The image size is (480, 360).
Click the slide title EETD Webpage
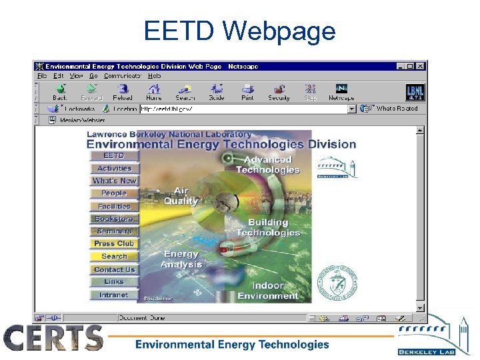pyautogui.click(x=239, y=31)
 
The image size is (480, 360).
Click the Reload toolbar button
pyautogui.click(x=123, y=91)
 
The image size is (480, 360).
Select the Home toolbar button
pyautogui.click(x=154, y=91)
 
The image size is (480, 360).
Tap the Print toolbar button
pyautogui.click(x=247, y=91)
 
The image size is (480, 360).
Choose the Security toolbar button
pyautogui.click(x=279, y=91)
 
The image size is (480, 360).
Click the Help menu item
pyautogui.click(x=154, y=76)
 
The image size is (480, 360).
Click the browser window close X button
pyautogui.click(x=420, y=66)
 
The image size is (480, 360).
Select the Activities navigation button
pyautogui.click(x=115, y=169)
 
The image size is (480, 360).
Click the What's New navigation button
pyautogui.click(x=115, y=181)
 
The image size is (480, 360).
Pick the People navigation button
pyautogui.click(x=115, y=193)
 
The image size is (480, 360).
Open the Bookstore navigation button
pyautogui.click(x=115, y=219)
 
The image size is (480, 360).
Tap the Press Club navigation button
pyautogui.click(x=115, y=244)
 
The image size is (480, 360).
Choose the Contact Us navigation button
pyautogui.click(x=115, y=269)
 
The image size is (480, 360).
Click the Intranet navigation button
pyautogui.click(x=115, y=295)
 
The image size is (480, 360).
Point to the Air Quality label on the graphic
pyautogui.click(x=181, y=196)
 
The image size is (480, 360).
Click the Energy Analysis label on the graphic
pyautogui.click(x=181, y=259)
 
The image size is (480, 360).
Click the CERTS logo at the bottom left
pyautogui.click(x=53, y=338)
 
